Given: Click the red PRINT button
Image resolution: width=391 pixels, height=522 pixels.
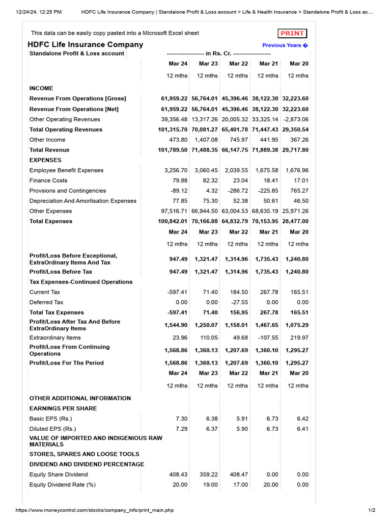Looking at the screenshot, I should [292, 34].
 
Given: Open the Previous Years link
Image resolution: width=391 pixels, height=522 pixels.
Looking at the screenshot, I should [285, 45].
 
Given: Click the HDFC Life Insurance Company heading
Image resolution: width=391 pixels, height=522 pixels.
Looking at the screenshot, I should [85, 44].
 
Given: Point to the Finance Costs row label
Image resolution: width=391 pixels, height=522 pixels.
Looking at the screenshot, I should [48, 180].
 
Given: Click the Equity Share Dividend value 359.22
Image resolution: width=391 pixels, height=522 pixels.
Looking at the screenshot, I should [208, 475].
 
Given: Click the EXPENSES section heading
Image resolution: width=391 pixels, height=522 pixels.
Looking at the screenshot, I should [45, 160].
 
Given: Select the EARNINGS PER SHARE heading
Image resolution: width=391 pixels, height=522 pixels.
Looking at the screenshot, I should [63, 408].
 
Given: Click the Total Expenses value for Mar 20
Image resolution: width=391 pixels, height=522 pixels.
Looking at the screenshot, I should [295, 221].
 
